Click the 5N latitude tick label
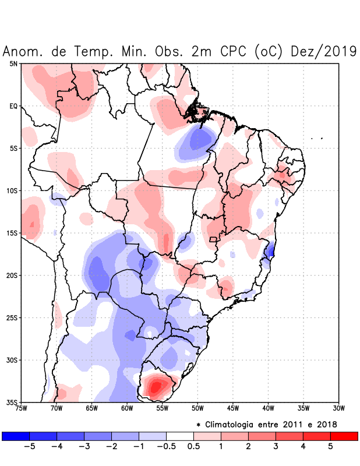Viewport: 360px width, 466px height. pos(13,63)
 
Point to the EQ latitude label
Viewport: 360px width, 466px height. pos(13,106)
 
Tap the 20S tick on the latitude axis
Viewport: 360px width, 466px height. pos(11,276)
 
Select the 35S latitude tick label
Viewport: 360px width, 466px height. pos(11,403)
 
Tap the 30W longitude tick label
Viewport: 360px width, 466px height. pos(338,408)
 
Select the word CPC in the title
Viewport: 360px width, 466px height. pos(234,51)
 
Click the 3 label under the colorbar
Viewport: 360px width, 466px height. pos(276,446)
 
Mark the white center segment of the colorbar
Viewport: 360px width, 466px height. pos(180,436)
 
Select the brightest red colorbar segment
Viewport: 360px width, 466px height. pos(344,436)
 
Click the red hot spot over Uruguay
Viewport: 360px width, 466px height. pos(156,386)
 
